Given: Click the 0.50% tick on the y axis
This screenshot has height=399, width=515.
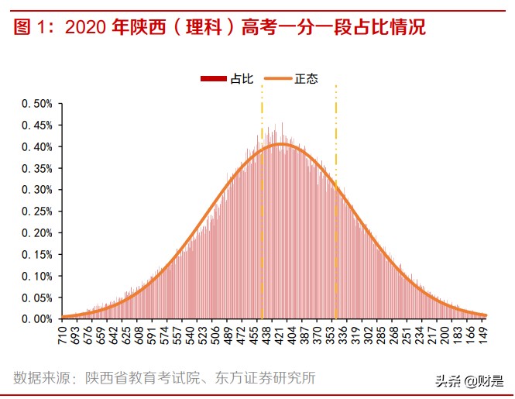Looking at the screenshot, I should coord(36,103).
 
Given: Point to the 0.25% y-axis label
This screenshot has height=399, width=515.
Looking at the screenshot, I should coord(36,211).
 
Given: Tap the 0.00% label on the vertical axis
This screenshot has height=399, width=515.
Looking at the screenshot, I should coord(36,318).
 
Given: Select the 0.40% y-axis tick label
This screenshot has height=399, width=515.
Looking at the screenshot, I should coord(36,146).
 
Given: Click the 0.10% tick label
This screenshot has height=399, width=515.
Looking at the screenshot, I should coord(36,276).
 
